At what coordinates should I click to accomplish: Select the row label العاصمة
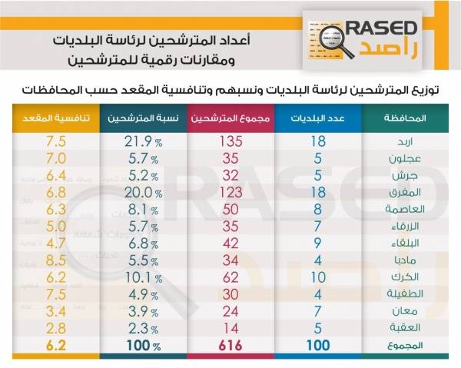[401, 208]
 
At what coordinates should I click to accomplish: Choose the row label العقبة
[403, 327]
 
